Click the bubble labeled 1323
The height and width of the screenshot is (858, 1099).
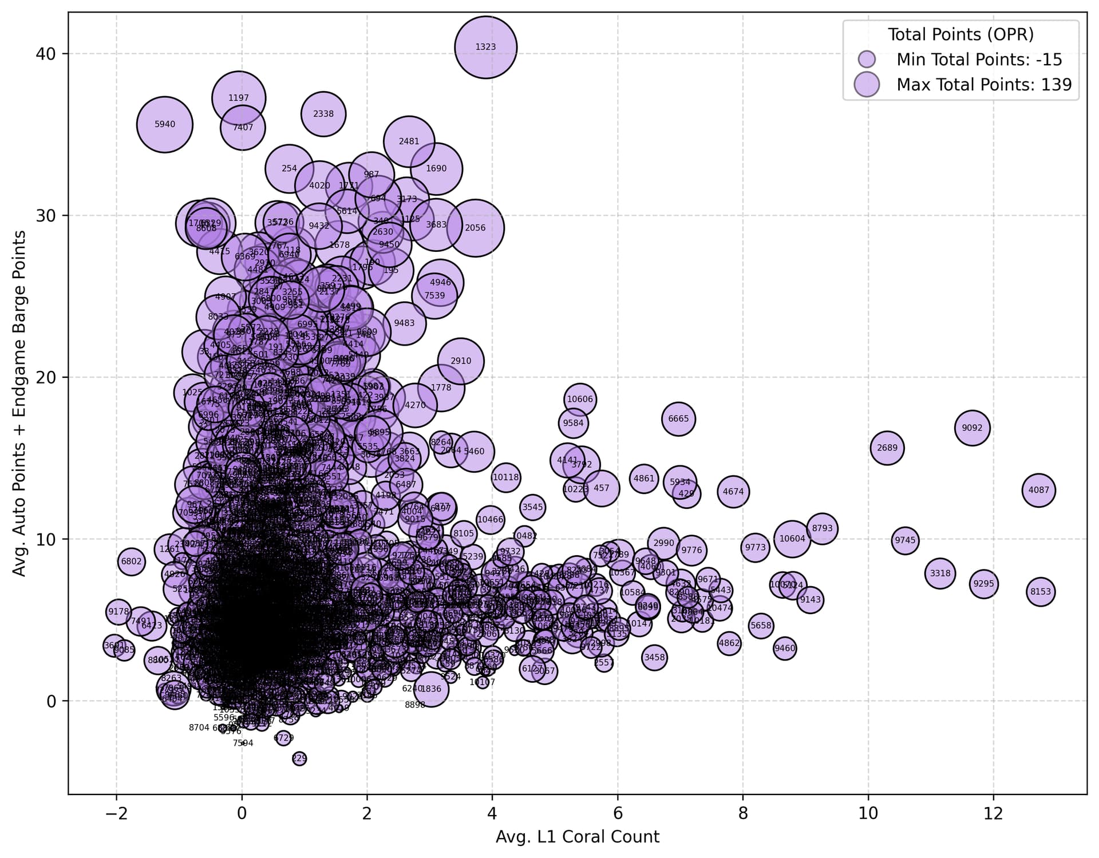pos(485,47)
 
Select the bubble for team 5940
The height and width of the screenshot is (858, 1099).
pos(165,124)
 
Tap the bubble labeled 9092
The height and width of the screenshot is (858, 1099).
pos(972,428)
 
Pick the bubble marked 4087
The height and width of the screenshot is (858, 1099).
pos(1038,490)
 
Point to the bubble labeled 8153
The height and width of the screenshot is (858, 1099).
pos(1041,592)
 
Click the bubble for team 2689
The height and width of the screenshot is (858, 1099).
pos(887,448)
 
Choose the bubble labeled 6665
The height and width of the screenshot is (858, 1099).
pos(678,419)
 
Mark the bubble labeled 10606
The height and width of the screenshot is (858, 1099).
pos(580,399)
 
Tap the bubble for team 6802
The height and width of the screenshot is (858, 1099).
pos(131,562)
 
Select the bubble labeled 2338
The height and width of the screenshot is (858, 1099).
pos(323,114)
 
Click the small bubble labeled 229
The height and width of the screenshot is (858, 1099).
pos(299,758)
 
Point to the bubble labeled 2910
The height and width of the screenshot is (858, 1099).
pos(461,361)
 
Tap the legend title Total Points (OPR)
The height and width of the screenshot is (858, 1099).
pos(960,34)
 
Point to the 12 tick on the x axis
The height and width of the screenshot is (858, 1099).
pos(993,813)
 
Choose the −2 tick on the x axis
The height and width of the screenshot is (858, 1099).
pos(116,813)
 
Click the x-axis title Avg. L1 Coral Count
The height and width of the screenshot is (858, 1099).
pos(577,837)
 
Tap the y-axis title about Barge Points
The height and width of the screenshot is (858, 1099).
pos(19,403)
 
